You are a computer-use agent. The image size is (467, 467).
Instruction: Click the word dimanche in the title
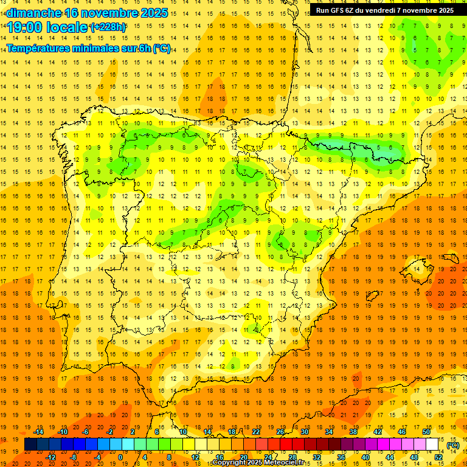pyautogui.click(x=34, y=13)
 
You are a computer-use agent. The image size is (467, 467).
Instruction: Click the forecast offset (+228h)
pyautogui.click(x=109, y=27)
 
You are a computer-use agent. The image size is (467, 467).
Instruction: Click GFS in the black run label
pyautogui.click(x=339, y=10)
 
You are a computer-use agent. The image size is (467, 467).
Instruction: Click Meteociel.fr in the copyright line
pyautogui.click(x=288, y=463)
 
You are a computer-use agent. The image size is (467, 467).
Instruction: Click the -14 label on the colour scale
pyautogui.click(x=40, y=432)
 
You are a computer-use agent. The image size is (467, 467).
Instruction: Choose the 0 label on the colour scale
pyautogui.click(x=120, y=457)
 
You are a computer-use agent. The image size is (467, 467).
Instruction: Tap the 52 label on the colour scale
pyautogui.click(x=438, y=457)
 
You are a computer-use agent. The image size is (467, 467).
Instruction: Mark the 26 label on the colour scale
pyautogui.click(x=280, y=432)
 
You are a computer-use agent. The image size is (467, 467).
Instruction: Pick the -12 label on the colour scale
pyautogui.click(x=51, y=457)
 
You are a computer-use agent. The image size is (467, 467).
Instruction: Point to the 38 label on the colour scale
pyautogui.click(x=353, y=432)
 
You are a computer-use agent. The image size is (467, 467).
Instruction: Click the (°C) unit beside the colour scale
pyautogui.click(x=453, y=445)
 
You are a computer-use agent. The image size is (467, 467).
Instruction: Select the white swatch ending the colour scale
pyautogui.click(x=432, y=445)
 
